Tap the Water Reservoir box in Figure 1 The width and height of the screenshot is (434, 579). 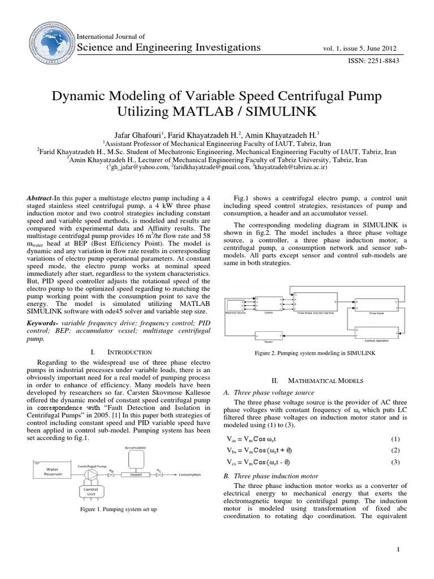click(47, 471)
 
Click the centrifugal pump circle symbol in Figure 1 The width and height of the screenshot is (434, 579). click(90, 474)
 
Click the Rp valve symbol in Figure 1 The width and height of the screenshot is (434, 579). click(112, 474)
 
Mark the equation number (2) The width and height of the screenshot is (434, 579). click(395, 450)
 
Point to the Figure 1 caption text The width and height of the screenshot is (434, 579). click(119, 509)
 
